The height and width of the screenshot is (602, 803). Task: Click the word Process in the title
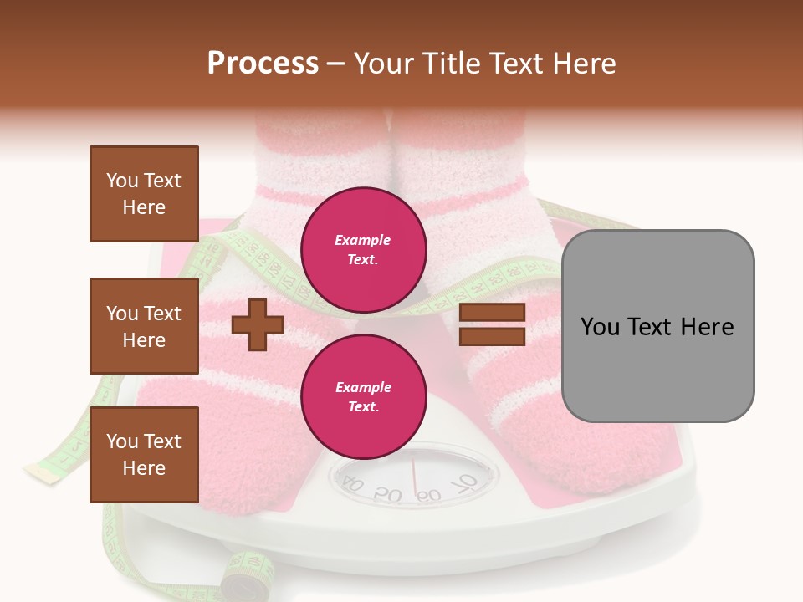coord(263,64)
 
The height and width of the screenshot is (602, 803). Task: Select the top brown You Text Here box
coord(144,194)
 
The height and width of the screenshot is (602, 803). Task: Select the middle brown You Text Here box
coord(144,326)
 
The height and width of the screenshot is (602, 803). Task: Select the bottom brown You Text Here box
coord(144,455)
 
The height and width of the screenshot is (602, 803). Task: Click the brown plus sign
coord(257,325)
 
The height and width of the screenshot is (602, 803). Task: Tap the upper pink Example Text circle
coord(363,250)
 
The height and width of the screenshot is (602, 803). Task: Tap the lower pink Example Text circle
coord(363,397)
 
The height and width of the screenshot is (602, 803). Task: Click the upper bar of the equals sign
coord(492,313)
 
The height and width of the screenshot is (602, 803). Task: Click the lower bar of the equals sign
coord(492,336)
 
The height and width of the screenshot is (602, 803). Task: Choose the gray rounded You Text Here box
coord(657,326)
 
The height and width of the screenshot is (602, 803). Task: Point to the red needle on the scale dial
coord(414,478)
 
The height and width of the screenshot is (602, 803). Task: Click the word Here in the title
coord(584,64)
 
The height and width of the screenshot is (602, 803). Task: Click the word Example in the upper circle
coord(363,241)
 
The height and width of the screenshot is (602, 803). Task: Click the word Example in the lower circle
coord(363,388)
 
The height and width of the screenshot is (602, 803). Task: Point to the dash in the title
coord(335,64)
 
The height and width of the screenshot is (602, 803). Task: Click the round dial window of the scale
coord(412,480)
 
